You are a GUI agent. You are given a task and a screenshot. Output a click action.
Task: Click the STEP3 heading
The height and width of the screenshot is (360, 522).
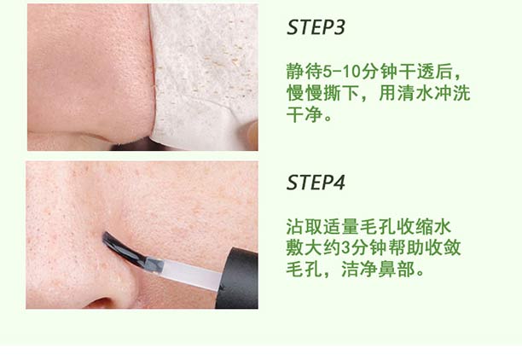316,27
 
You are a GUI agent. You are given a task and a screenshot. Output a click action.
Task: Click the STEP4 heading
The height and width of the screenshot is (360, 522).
316,183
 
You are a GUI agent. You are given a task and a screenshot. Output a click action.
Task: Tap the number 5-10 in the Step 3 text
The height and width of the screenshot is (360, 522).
342,72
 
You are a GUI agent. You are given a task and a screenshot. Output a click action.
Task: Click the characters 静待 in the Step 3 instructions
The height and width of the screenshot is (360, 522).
304,72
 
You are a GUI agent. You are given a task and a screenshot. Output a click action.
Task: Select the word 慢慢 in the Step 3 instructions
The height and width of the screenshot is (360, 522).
304,93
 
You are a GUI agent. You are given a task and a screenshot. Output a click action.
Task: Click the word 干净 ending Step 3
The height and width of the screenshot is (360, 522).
304,114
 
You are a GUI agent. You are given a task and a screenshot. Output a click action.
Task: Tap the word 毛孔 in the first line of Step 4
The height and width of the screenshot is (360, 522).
378,227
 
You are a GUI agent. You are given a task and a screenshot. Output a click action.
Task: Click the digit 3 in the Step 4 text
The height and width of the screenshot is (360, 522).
346,248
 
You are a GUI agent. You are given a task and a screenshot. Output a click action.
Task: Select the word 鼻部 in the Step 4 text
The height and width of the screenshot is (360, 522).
397,270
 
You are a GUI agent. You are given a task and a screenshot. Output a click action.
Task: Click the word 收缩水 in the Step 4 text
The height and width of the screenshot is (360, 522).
425,227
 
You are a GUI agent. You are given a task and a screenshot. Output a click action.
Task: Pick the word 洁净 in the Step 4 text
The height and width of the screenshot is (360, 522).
360,270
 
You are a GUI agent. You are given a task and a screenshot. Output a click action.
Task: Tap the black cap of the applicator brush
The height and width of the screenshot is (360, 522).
237,278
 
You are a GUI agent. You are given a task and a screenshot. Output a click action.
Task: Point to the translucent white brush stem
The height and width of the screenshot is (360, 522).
188,275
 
